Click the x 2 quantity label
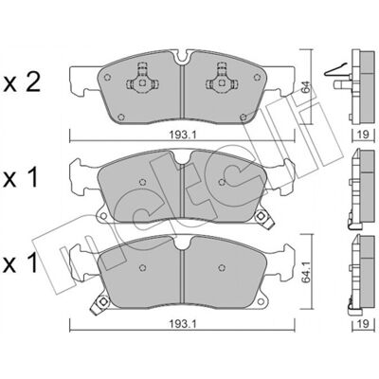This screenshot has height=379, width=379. pyautogui.click(x=22, y=82)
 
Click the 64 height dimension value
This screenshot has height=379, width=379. pyautogui.click(x=305, y=87)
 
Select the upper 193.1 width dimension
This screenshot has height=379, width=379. pyautogui.click(x=183, y=135)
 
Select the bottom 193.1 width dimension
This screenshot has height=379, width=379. pyautogui.click(x=183, y=324)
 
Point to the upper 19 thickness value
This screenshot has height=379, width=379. pyautogui.click(x=363, y=135)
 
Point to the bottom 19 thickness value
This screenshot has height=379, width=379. pyautogui.click(x=363, y=324)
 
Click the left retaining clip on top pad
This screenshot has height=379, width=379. pyautogui.click(x=142, y=78)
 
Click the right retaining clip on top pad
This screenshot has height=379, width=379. pyautogui.click(x=222, y=78)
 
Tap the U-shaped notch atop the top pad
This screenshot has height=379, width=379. pyautogui.click(x=182, y=57)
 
